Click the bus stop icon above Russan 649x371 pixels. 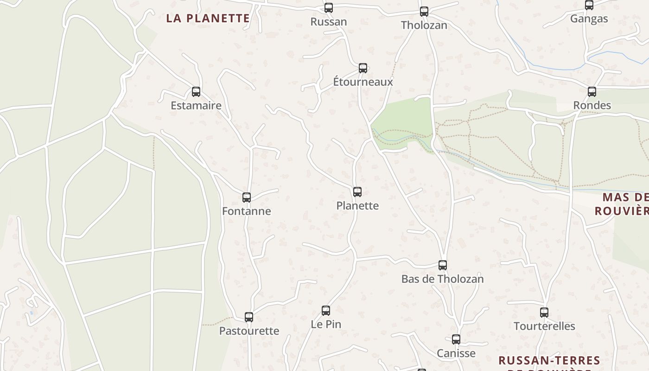pos(329,8)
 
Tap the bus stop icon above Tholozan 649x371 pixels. pos(424,12)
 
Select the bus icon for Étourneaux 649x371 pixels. pos(363,68)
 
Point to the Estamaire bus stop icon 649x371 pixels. pos(196,92)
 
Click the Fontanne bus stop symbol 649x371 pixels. pos(247,198)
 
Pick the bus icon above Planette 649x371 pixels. pos(357,192)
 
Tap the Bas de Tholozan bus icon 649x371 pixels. pos(443,265)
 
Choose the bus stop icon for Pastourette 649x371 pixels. pos(249,317)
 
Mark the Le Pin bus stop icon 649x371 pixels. pos(326,311)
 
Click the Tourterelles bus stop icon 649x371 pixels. pos(544,313)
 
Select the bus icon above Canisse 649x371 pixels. pos(456,339)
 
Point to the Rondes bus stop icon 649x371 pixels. pos(592,92)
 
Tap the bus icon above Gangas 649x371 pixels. pos(589,6)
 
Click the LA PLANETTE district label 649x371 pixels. pos(208,19)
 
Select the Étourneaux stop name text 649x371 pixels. pos(363,82)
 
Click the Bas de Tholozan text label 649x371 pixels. pos(442,279)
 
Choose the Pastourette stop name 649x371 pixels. pos(249,331)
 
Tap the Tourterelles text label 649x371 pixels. pos(544,326)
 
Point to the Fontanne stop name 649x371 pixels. pos(247,211)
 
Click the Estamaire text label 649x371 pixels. pos(196,106)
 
